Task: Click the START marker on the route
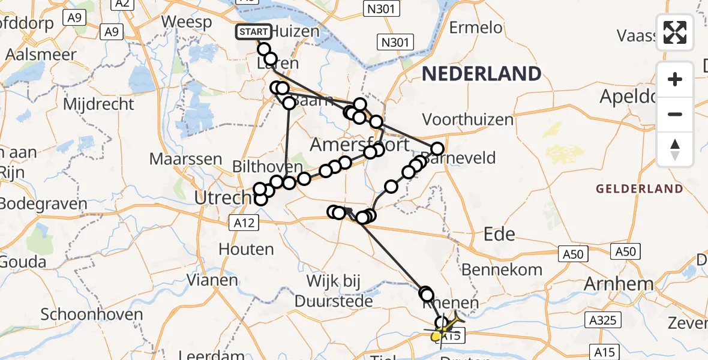[254, 31]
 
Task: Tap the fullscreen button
[675, 32]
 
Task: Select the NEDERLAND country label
[481, 74]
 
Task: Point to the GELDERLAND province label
[639, 189]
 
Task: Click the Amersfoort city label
[360, 145]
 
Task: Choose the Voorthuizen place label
[469, 119]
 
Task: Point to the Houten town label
[246, 248]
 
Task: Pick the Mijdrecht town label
[99, 104]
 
